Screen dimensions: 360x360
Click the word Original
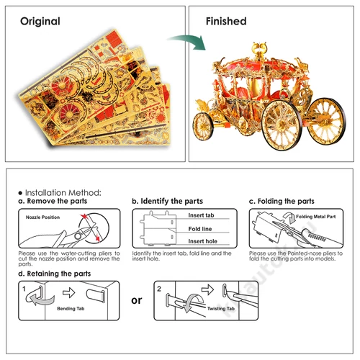click(40, 22)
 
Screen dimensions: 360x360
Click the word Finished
click(226, 21)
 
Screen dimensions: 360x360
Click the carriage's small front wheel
click(203, 126)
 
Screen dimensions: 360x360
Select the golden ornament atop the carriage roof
click(259, 50)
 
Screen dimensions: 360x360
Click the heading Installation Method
click(63, 193)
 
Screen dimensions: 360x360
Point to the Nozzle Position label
click(42, 217)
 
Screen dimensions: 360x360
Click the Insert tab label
click(201, 215)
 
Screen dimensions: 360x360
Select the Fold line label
click(200, 229)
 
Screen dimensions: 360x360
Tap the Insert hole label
click(203, 241)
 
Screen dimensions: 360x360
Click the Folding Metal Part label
click(316, 217)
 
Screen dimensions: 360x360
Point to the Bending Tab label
click(71, 309)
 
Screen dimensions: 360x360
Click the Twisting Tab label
click(221, 309)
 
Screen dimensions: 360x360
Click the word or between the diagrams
click(137, 300)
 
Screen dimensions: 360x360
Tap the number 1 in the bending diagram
click(24, 289)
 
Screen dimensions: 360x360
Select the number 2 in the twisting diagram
click(159, 289)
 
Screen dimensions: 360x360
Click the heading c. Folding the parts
click(282, 201)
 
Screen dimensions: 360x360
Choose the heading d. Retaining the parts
click(55, 274)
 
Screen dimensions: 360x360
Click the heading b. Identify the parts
click(168, 201)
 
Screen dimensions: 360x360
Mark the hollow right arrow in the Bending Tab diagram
click(69, 292)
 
